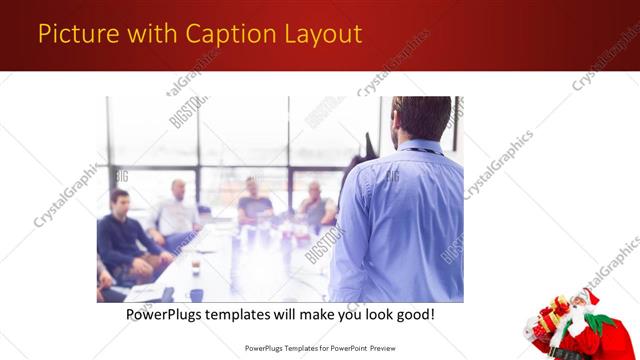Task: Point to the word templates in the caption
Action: (x=257, y=314)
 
